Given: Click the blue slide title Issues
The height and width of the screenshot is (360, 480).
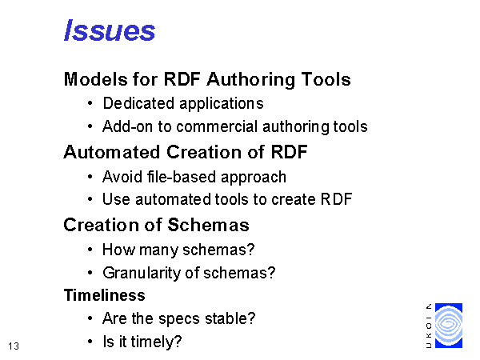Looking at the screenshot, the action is pyautogui.click(x=110, y=30).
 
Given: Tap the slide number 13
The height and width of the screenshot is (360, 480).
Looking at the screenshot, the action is pyautogui.click(x=14, y=346).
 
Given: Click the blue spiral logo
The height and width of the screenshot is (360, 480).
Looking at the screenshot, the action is pyautogui.click(x=449, y=326).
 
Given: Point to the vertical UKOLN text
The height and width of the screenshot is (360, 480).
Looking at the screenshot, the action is pyautogui.click(x=429, y=326).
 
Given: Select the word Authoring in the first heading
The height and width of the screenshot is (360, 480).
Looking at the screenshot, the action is pyautogui.click(x=250, y=79).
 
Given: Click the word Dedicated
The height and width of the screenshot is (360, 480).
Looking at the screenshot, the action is pyautogui.click(x=138, y=103).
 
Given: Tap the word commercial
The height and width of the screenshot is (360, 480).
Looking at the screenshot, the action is pyautogui.click(x=217, y=126).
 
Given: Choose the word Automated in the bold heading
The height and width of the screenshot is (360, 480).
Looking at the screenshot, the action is pyautogui.click(x=112, y=152).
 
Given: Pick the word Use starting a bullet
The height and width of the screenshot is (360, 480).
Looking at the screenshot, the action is pyautogui.click(x=116, y=199).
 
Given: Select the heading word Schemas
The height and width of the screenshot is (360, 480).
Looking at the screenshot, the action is pyautogui.click(x=208, y=225).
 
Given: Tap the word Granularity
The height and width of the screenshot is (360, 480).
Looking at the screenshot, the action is pyautogui.click(x=142, y=273).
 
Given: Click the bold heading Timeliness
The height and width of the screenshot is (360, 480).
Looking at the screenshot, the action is pyautogui.click(x=104, y=295).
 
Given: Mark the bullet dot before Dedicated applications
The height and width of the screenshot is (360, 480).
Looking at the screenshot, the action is pyautogui.click(x=90, y=103).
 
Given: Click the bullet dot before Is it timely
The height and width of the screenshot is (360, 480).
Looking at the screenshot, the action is pyautogui.click(x=90, y=342).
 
